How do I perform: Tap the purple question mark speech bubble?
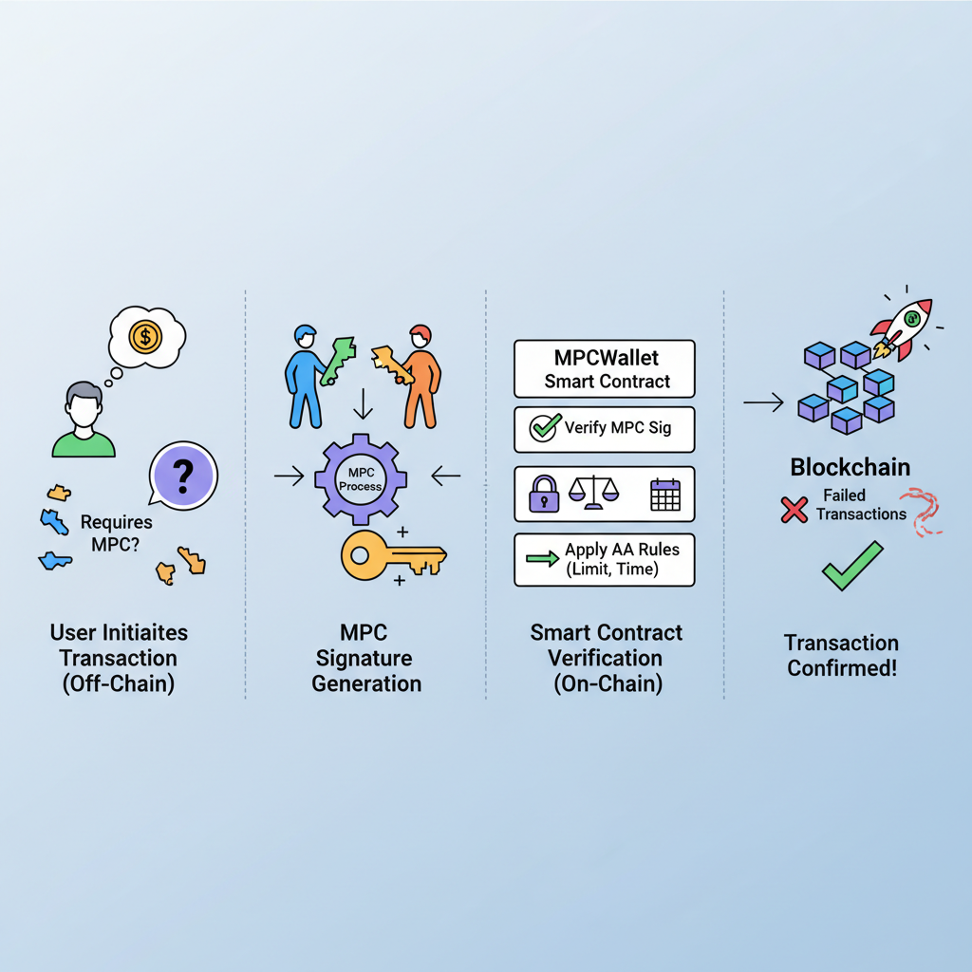183,474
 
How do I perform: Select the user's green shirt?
84,442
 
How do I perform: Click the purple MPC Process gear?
360,478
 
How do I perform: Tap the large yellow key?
390,555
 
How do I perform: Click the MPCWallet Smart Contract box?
605,369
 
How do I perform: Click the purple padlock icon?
544,495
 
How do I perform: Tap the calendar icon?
664,495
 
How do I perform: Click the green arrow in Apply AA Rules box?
542,560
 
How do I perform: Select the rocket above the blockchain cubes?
901,328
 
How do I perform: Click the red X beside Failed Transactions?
794,510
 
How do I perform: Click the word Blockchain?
850,467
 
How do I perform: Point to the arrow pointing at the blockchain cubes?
762,404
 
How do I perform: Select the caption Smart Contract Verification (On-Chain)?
606,658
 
